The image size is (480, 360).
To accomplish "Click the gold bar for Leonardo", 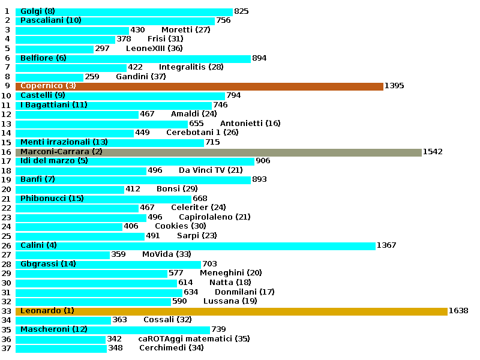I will click(x=231, y=311).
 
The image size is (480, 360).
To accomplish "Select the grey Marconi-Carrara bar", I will click(x=218, y=152).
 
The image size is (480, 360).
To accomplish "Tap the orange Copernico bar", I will click(x=199, y=86).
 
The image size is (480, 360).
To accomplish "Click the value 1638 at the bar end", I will click(x=458, y=311).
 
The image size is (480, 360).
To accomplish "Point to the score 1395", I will click(x=394, y=86).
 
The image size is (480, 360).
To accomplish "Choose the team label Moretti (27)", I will click(x=185, y=30).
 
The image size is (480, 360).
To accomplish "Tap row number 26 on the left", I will click(x=7, y=245).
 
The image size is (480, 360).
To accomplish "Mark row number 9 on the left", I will click(x=7, y=86).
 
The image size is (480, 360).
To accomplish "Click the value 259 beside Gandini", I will click(x=92, y=77).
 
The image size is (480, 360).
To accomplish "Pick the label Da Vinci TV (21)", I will click(x=211, y=170).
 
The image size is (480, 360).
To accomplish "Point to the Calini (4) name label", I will click(x=39, y=245).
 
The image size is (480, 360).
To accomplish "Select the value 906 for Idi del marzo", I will click(x=263, y=161).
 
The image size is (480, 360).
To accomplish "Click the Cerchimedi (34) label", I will click(x=172, y=348).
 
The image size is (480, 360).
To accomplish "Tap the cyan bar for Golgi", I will click(x=124, y=11).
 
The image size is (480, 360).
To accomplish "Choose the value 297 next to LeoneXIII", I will click(x=103, y=49).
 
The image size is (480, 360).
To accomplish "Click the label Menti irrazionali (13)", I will click(x=64, y=142).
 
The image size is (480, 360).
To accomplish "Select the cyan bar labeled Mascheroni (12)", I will click(x=113, y=329).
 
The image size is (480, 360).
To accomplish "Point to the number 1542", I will click(x=433, y=152).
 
